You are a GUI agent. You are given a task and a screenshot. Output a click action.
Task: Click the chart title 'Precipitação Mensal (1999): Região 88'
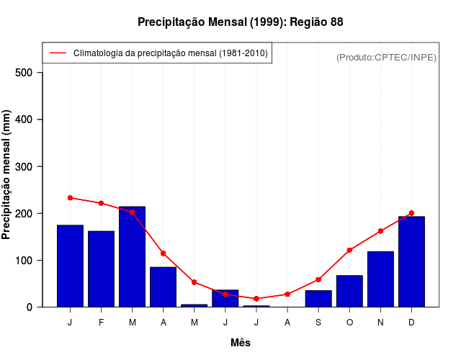pos(240,22)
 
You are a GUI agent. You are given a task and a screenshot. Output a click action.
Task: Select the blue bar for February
pos(101,269)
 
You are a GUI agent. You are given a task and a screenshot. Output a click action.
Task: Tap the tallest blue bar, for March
pos(132,256)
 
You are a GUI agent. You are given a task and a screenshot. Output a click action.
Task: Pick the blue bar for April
pos(163,287)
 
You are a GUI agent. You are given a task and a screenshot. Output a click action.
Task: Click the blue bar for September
pos(318,299)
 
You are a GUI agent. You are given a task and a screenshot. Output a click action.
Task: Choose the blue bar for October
pos(349,291)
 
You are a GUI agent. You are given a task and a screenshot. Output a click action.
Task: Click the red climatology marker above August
pos(287,294)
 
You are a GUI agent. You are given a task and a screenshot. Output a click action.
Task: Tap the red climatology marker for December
pos(411,213)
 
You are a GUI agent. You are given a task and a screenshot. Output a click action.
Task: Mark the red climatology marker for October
pos(349,250)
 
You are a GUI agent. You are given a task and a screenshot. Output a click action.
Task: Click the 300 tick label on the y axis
pos(25,166)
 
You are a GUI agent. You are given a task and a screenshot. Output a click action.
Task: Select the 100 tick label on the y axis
pos(25,260)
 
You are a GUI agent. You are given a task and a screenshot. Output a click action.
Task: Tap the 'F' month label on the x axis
pos(101,322)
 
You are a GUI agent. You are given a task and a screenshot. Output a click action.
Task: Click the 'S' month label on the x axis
pos(318,322)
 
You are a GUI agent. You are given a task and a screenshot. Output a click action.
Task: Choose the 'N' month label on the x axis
pos(380,322)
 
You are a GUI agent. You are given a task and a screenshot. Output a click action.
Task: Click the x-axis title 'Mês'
pos(241,343)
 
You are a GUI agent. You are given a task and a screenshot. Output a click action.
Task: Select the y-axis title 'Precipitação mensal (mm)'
pos(7,175)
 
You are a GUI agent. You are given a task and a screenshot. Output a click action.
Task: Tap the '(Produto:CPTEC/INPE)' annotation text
pos(386,57)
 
